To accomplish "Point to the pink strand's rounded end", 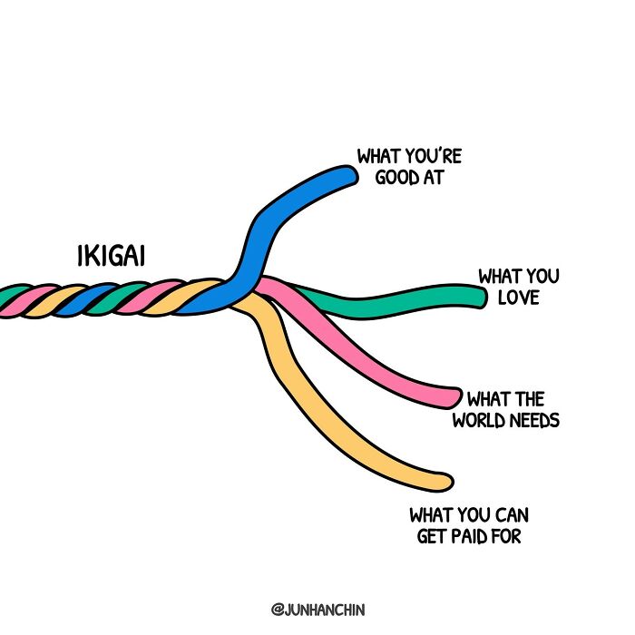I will tap(451, 396).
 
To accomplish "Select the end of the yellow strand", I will tap(442, 481).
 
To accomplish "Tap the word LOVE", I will tap(518, 298).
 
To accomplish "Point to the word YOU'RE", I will tap(431, 156).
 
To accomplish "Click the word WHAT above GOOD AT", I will tap(378, 156).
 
